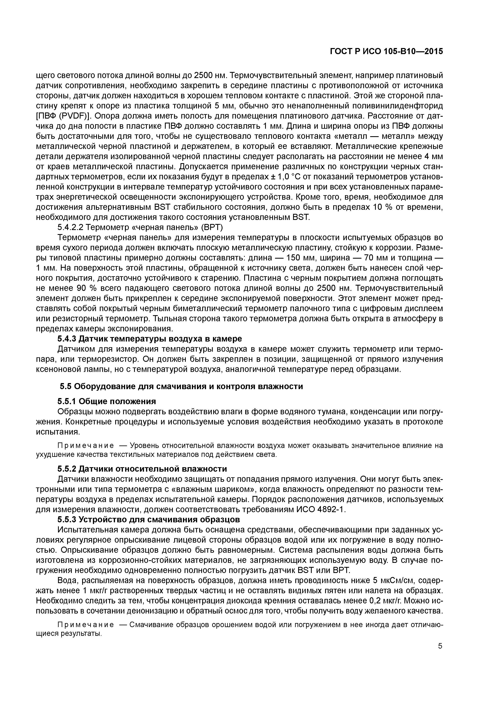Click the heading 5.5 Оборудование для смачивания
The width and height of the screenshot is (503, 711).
click(x=181, y=387)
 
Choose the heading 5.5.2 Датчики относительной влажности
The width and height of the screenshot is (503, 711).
click(x=142, y=469)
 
